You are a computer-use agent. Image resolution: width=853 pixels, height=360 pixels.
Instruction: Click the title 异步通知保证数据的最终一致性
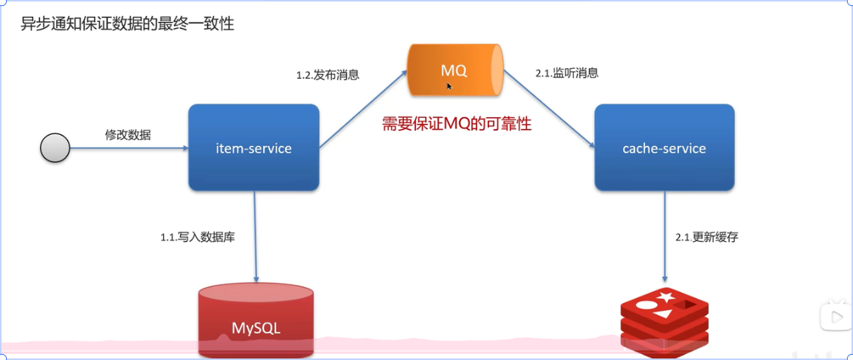point(127,24)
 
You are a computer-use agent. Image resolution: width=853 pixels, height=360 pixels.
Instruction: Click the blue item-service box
point(253,147)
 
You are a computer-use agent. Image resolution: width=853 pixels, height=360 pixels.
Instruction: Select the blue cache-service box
point(664,147)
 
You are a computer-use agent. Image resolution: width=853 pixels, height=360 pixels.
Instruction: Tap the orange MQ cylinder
point(454,71)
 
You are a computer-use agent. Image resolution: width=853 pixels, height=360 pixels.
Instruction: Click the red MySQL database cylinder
point(256,321)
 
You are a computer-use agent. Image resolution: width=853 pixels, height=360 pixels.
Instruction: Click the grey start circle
point(54,148)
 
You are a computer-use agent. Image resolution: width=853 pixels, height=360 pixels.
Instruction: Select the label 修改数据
point(128,135)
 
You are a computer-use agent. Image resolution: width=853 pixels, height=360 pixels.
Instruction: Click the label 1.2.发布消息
point(327,75)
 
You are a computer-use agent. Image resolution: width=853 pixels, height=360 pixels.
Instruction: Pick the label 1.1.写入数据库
point(197,237)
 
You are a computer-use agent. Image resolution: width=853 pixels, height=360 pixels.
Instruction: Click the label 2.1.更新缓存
point(706,237)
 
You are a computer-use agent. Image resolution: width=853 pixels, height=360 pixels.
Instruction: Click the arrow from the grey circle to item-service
point(129,149)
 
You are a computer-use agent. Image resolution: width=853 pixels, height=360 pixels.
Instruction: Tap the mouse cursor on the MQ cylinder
point(449,86)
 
